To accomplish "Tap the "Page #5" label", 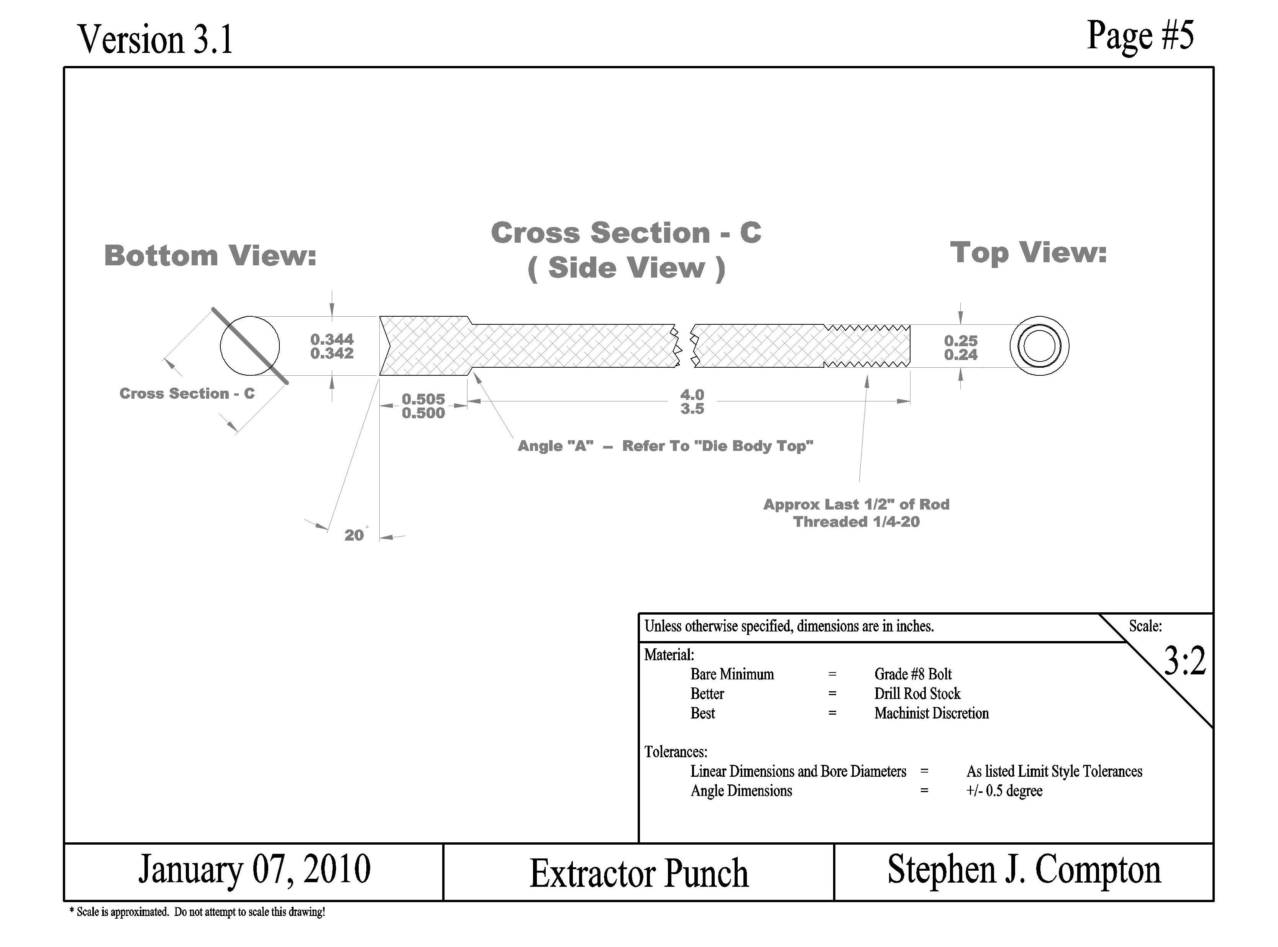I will pos(1140,36).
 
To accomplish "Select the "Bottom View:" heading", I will pos(210,256).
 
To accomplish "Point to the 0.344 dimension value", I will pos(332,339).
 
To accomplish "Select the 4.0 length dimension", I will pos(692,395).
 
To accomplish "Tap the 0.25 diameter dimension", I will pos(961,340).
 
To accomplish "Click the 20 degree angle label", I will pos(354,535).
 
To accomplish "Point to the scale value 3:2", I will pos(1184,661).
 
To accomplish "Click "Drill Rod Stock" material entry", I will pos(917,694).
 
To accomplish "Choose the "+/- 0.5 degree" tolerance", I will pos(1004,791).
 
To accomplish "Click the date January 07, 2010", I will pos(254,870).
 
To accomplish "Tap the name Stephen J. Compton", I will pos(1024,870).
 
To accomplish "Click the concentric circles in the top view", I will pos(1039,346).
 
